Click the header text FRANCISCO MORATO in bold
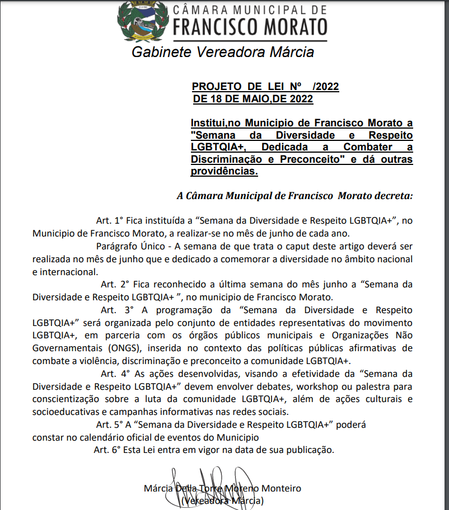click(250, 26)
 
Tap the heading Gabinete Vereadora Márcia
click(223, 53)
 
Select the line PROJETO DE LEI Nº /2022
click(265, 87)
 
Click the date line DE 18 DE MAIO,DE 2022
click(252, 99)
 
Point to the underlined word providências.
click(224, 171)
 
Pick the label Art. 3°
click(115, 310)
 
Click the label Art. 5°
click(110, 424)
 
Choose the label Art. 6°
click(107, 449)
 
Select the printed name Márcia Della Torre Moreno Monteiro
click(222, 488)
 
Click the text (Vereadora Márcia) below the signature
click(222, 501)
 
